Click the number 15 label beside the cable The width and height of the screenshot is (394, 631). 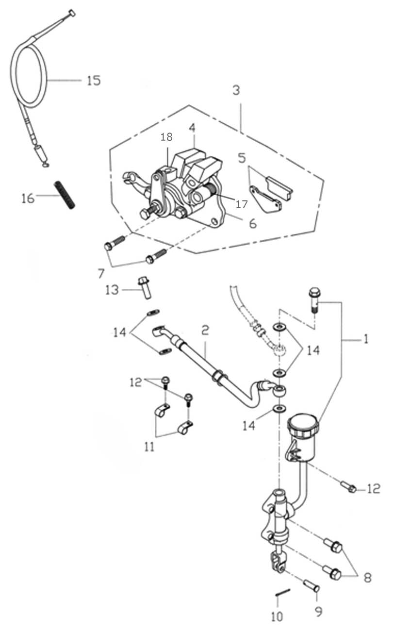point(94,80)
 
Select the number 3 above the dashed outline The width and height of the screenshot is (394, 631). point(236,90)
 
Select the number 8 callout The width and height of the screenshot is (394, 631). point(367,578)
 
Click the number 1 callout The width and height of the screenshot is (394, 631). point(366,339)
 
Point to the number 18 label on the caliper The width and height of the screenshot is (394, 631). point(166,137)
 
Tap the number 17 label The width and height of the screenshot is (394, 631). point(241,204)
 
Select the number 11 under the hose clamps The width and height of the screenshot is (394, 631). point(149,446)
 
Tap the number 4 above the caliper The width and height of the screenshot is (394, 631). point(192,128)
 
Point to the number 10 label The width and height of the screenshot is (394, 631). point(278,616)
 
